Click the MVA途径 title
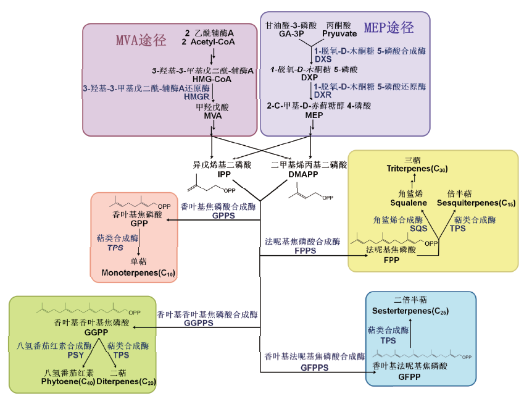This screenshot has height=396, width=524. [x=141, y=41]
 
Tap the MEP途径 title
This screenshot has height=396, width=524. [x=388, y=28]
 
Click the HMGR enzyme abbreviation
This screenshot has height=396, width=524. [x=196, y=97]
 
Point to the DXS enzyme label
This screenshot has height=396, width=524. [x=323, y=59]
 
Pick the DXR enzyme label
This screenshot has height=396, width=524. [x=323, y=95]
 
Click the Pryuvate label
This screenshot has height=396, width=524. [x=339, y=34]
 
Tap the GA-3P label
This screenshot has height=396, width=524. [x=291, y=34]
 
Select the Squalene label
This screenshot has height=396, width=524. [x=409, y=203]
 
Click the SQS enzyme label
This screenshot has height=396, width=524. [x=419, y=228]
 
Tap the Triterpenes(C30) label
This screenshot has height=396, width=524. [x=417, y=169]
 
